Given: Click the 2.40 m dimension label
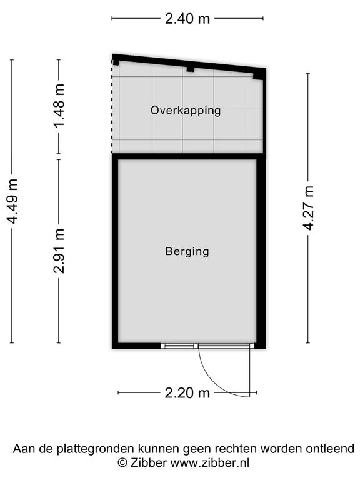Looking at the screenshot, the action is pos(187,19).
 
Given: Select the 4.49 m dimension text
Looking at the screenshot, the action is pos(14,201).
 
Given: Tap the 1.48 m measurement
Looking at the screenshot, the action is pos(59,106).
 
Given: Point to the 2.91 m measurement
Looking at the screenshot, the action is pos(59,251).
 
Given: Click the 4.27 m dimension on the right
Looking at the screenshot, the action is pos(308,208).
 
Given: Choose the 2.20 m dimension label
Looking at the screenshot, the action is pos(187,392).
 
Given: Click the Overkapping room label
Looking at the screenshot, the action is pos(186,111).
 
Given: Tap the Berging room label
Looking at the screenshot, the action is pos(187,251).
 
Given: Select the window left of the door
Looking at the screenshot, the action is pos(177,346).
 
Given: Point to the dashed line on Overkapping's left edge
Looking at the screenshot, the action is pos(112,106).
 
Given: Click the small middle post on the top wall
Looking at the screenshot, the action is pos(191,69).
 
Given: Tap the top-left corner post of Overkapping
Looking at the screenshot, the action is pos(116,62).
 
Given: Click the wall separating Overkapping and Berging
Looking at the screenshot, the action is pos(189,156).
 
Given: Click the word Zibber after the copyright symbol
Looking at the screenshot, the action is pos(149,462).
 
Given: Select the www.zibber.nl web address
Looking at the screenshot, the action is pos(210,462).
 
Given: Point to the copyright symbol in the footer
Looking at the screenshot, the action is pos(122,462).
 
